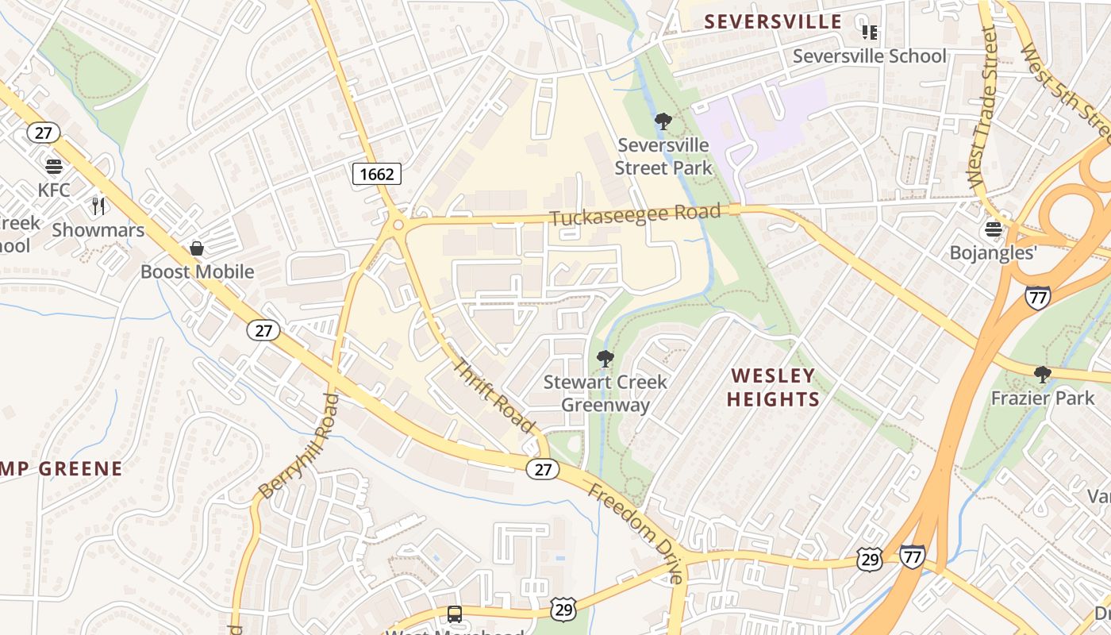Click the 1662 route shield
click(x=377, y=173)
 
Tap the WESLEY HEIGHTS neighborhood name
click(x=772, y=387)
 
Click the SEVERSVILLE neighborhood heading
click(x=773, y=21)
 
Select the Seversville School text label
click(x=869, y=56)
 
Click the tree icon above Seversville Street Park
click(x=663, y=121)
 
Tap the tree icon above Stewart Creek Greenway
click(x=605, y=358)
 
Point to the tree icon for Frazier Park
click(x=1042, y=374)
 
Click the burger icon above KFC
click(x=54, y=167)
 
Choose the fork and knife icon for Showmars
click(x=98, y=206)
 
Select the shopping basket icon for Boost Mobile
click(x=197, y=248)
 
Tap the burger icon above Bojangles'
click(x=993, y=229)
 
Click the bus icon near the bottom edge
click(x=454, y=614)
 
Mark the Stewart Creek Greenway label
click(x=605, y=393)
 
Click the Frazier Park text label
click(x=1042, y=398)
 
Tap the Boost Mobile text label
click(x=197, y=271)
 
